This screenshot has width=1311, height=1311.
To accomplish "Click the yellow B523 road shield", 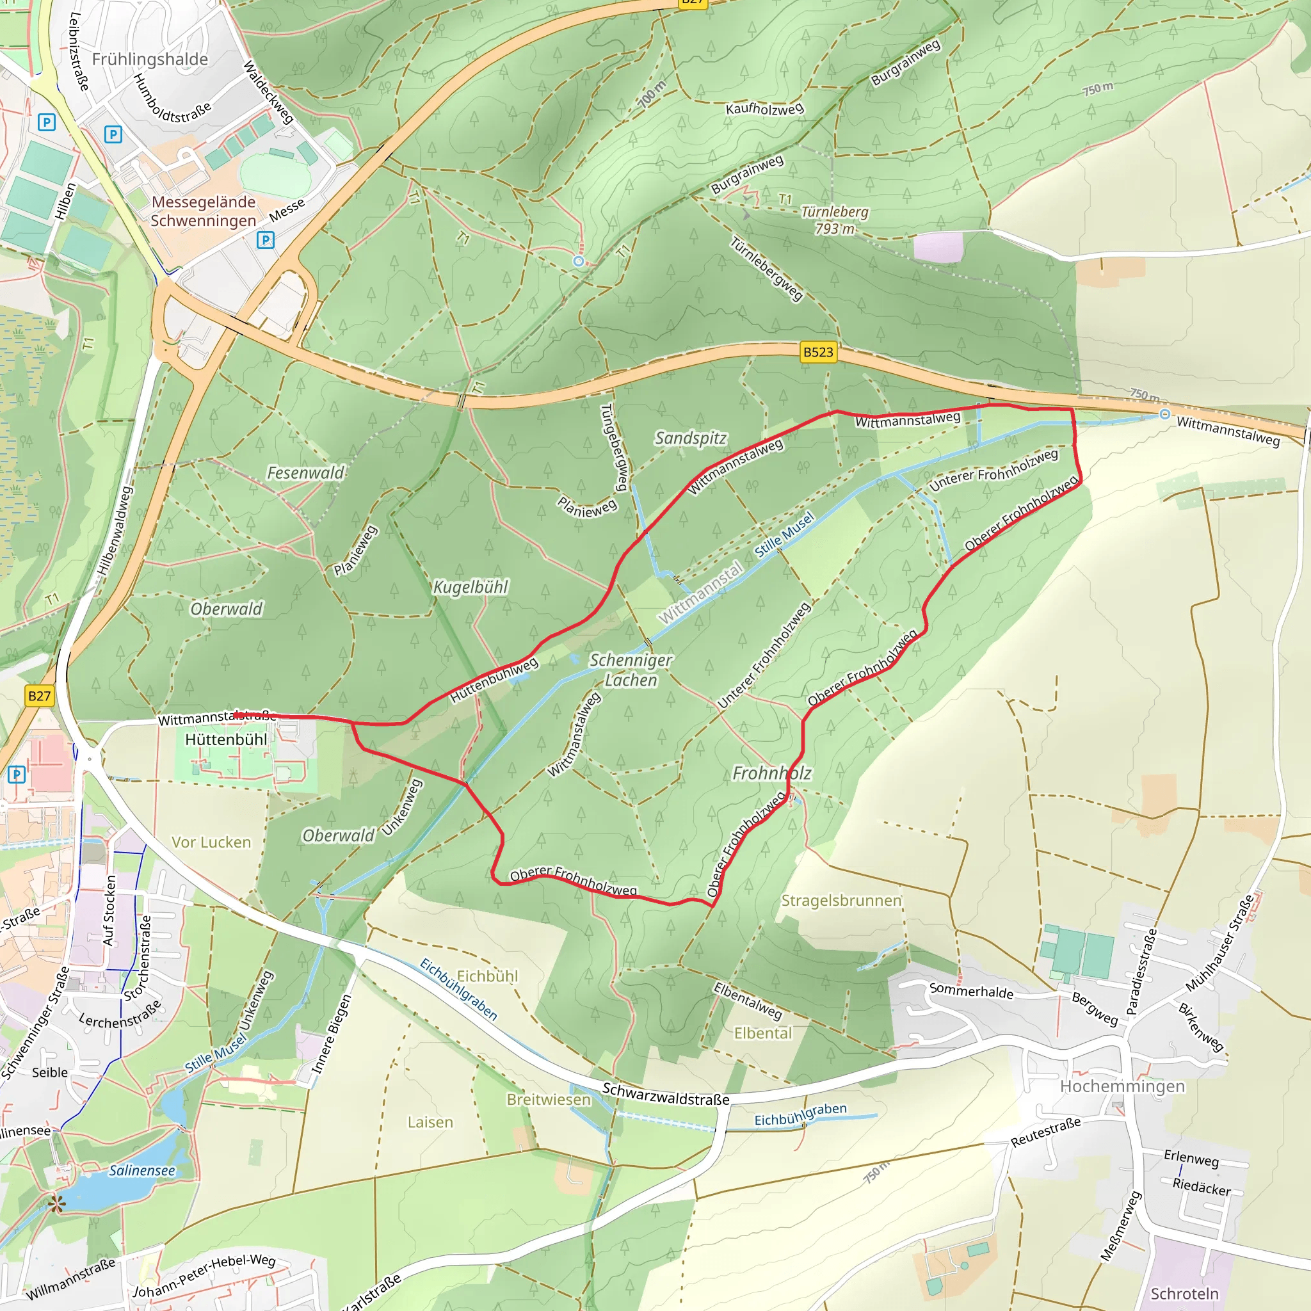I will [x=817, y=352].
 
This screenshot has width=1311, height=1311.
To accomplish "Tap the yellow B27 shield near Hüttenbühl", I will [x=39, y=696].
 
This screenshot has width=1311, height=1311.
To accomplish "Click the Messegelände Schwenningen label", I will [x=203, y=211].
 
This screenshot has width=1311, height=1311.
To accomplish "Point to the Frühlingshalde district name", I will [x=150, y=60].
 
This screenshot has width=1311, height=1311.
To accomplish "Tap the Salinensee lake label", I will [x=142, y=1171].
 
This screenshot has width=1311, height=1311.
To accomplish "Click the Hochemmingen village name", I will [x=1122, y=1086].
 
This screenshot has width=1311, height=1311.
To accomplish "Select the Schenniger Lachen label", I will [x=631, y=670].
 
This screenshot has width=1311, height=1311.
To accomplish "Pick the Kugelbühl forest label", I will [x=471, y=587].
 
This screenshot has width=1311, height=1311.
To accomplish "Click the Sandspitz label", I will [x=690, y=438].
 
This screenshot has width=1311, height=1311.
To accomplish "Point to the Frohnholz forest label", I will [x=771, y=773].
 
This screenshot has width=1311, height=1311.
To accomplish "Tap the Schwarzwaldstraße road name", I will [x=666, y=1095].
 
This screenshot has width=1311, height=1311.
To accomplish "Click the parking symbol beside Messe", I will [x=265, y=240].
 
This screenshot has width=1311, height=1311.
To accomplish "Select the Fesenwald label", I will [x=305, y=473].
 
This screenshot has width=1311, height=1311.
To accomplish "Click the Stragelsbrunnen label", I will [x=841, y=901].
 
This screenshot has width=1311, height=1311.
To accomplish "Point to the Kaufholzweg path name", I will [x=765, y=109].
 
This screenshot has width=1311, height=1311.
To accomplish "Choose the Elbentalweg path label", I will [x=748, y=1001].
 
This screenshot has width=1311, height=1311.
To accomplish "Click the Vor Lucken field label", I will [x=211, y=842].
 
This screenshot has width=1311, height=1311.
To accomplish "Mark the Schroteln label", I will [x=1184, y=1293].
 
